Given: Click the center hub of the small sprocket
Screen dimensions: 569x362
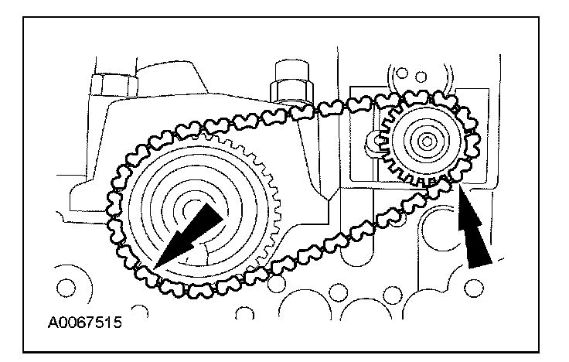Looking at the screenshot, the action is coord(424,141).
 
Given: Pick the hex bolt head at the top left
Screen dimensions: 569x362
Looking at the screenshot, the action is coord(103,84).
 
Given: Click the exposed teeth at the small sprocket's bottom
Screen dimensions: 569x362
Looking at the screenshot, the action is coord(417,179).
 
